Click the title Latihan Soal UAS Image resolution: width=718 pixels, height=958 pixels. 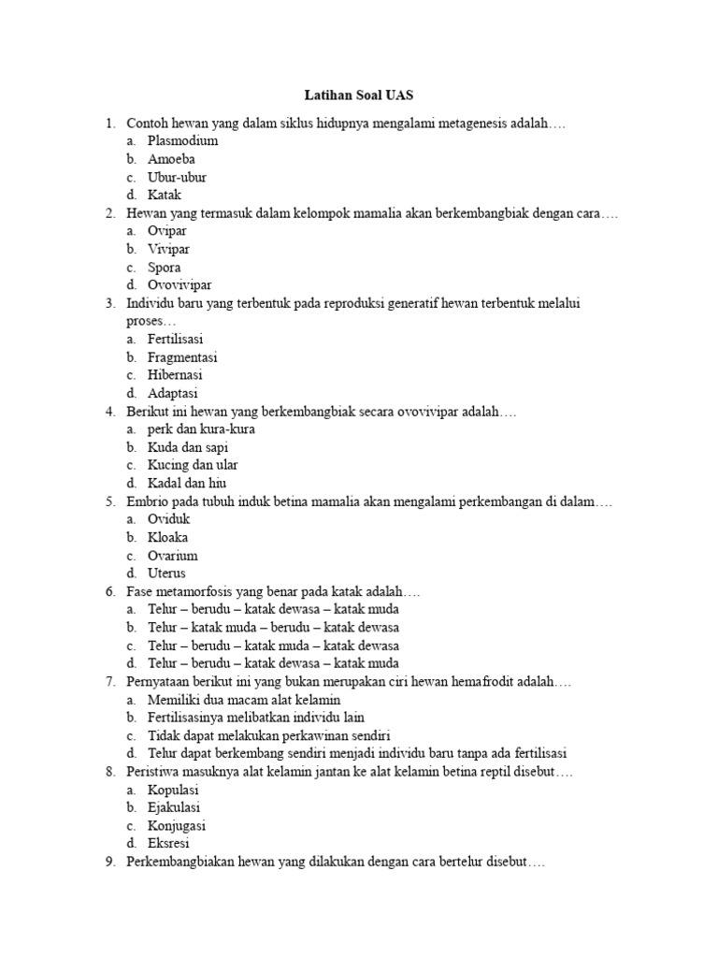point(359,95)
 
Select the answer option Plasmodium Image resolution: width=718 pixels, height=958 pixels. point(182,141)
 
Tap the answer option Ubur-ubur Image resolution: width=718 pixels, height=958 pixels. point(177,177)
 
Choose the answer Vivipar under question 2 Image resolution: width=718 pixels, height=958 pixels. point(168,249)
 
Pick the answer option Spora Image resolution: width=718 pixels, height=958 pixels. point(165,268)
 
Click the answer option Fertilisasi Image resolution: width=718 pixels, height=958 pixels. point(175,339)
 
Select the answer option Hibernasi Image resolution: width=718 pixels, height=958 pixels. point(175,375)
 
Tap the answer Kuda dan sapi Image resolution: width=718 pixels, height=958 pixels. point(187,447)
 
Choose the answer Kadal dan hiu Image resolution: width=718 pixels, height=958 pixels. point(187,484)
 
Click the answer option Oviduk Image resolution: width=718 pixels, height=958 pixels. point(168,519)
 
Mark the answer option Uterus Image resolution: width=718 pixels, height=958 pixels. point(166,573)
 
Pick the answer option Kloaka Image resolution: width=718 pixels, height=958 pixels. point(168,538)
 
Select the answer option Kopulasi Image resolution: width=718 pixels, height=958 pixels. point(173,790)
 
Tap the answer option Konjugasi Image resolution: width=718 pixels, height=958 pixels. point(177,826)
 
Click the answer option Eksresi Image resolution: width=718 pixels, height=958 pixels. point(168,844)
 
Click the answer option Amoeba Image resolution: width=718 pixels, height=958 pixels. point(171,159)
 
